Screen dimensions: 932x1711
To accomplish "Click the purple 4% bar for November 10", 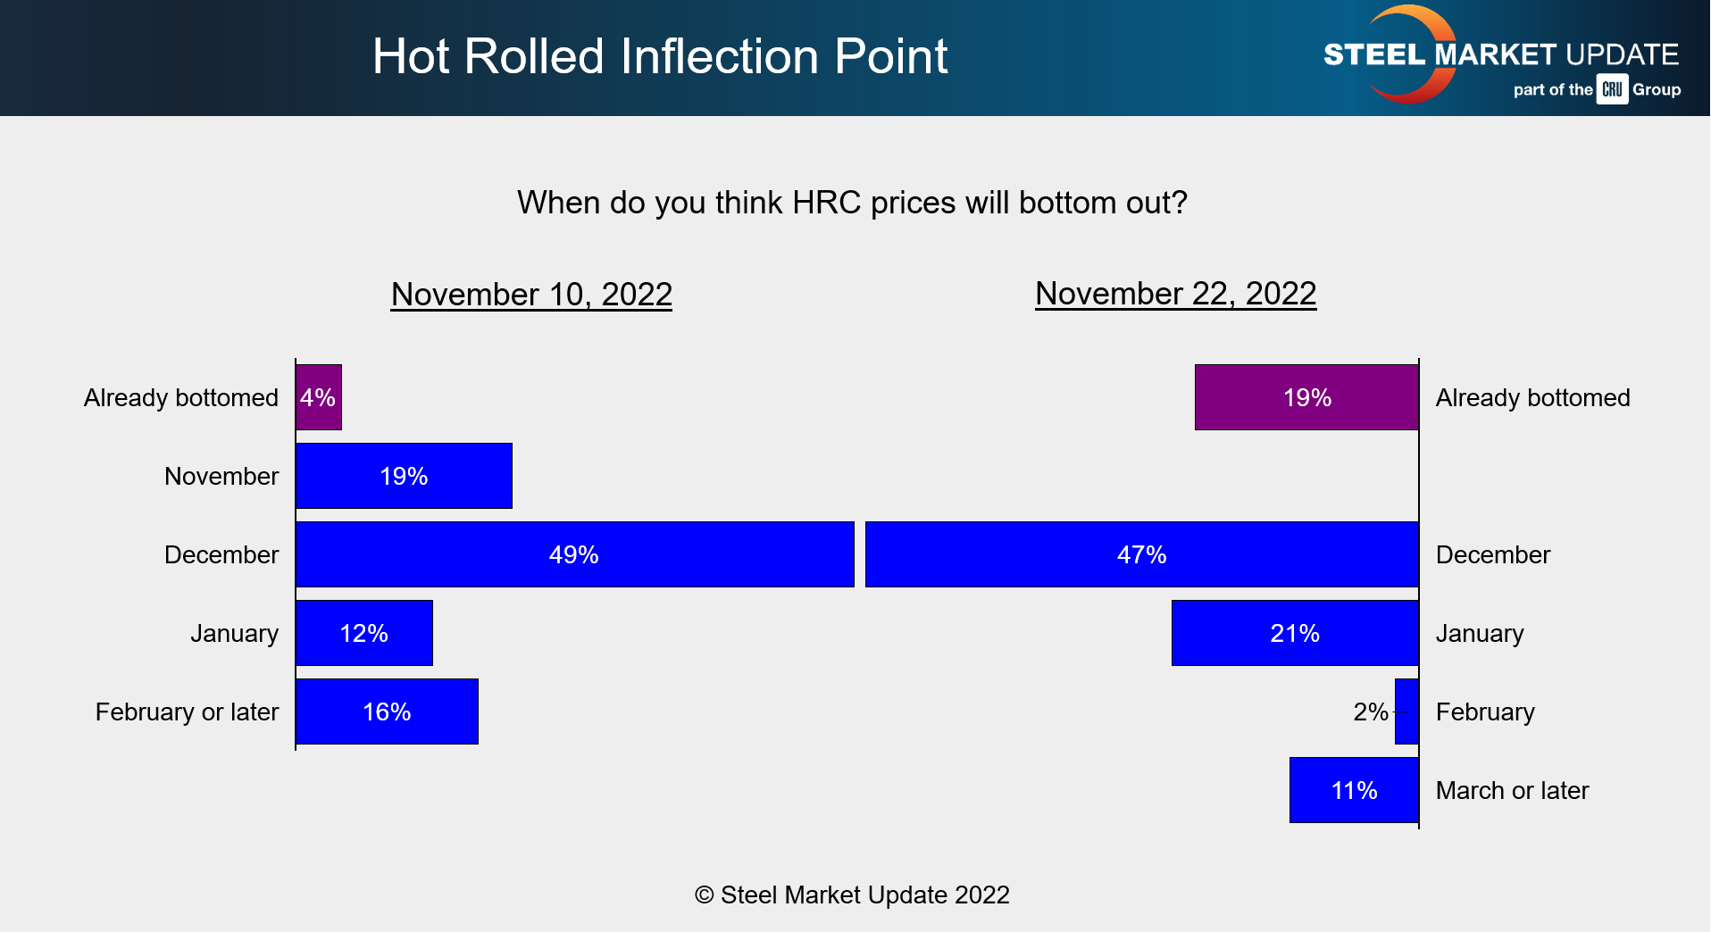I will (x=319, y=397).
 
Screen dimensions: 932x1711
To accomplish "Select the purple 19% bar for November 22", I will (x=1306, y=397).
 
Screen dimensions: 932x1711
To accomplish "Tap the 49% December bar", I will (x=574, y=554).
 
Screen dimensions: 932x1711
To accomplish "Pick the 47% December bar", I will (x=1141, y=554).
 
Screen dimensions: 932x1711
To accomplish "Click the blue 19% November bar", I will (x=404, y=476).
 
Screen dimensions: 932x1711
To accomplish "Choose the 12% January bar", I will (x=364, y=633).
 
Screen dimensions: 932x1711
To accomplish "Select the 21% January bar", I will (x=1295, y=633).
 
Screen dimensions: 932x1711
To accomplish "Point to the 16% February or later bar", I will (x=387, y=711).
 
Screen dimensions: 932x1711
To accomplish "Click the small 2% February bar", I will (x=1407, y=711).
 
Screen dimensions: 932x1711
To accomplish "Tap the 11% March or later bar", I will (x=1354, y=790).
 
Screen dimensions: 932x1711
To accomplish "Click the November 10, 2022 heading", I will (x=531, y=295).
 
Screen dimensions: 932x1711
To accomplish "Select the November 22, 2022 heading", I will (x=1175, y=294).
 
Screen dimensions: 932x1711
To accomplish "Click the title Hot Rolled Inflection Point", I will (x=659, y=56).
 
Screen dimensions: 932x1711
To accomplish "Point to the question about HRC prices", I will (x=852, y=203).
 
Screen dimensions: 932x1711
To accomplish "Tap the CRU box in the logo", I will (x=1612, y=89).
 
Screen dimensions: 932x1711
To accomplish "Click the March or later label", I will (x=1512, y=790).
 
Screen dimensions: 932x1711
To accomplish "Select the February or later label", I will (x=187, y=711).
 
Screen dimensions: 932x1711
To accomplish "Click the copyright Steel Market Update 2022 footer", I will (x=852, y=895).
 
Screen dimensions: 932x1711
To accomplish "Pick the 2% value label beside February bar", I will (x=1370, y=711).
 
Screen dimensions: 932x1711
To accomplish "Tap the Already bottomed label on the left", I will (x=181, y=397).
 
